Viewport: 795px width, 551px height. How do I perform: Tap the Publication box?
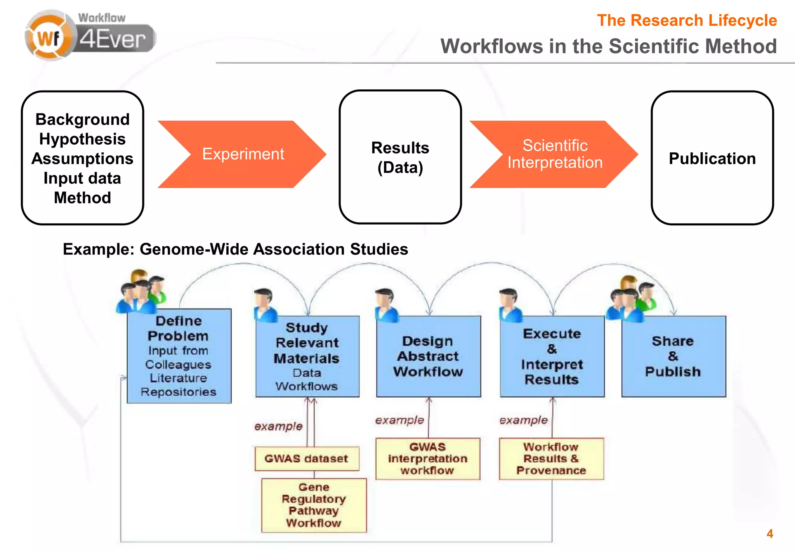(x=712, y=158)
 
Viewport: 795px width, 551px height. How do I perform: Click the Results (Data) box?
(x=400, y=157)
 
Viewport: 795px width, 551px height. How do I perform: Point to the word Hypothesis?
(x=82, y=139)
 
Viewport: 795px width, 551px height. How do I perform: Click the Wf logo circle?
(x=48, y=38)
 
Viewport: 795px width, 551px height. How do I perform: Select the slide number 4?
(x=770, y=534)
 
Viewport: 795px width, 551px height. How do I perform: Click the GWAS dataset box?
(x=306, y=459)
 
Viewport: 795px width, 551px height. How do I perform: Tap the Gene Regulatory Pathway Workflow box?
(x=314, y=505)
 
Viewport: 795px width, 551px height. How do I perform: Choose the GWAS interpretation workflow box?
(x=427, y=459)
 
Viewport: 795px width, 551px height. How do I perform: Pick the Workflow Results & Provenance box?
(x=551, y=459)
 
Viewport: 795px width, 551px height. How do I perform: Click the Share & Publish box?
(x=673, y=356)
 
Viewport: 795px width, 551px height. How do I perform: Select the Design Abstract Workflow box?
(x=428, y=356)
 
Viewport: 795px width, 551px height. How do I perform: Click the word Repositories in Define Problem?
(x=179, y=392)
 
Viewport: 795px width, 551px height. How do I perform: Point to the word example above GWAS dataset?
(x=278, y=426)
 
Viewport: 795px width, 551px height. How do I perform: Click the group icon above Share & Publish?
(x=632, y=299)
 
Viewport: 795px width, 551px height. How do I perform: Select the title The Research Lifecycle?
(x=686, y=20)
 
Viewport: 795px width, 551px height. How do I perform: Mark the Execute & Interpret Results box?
(x=552, y=356)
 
